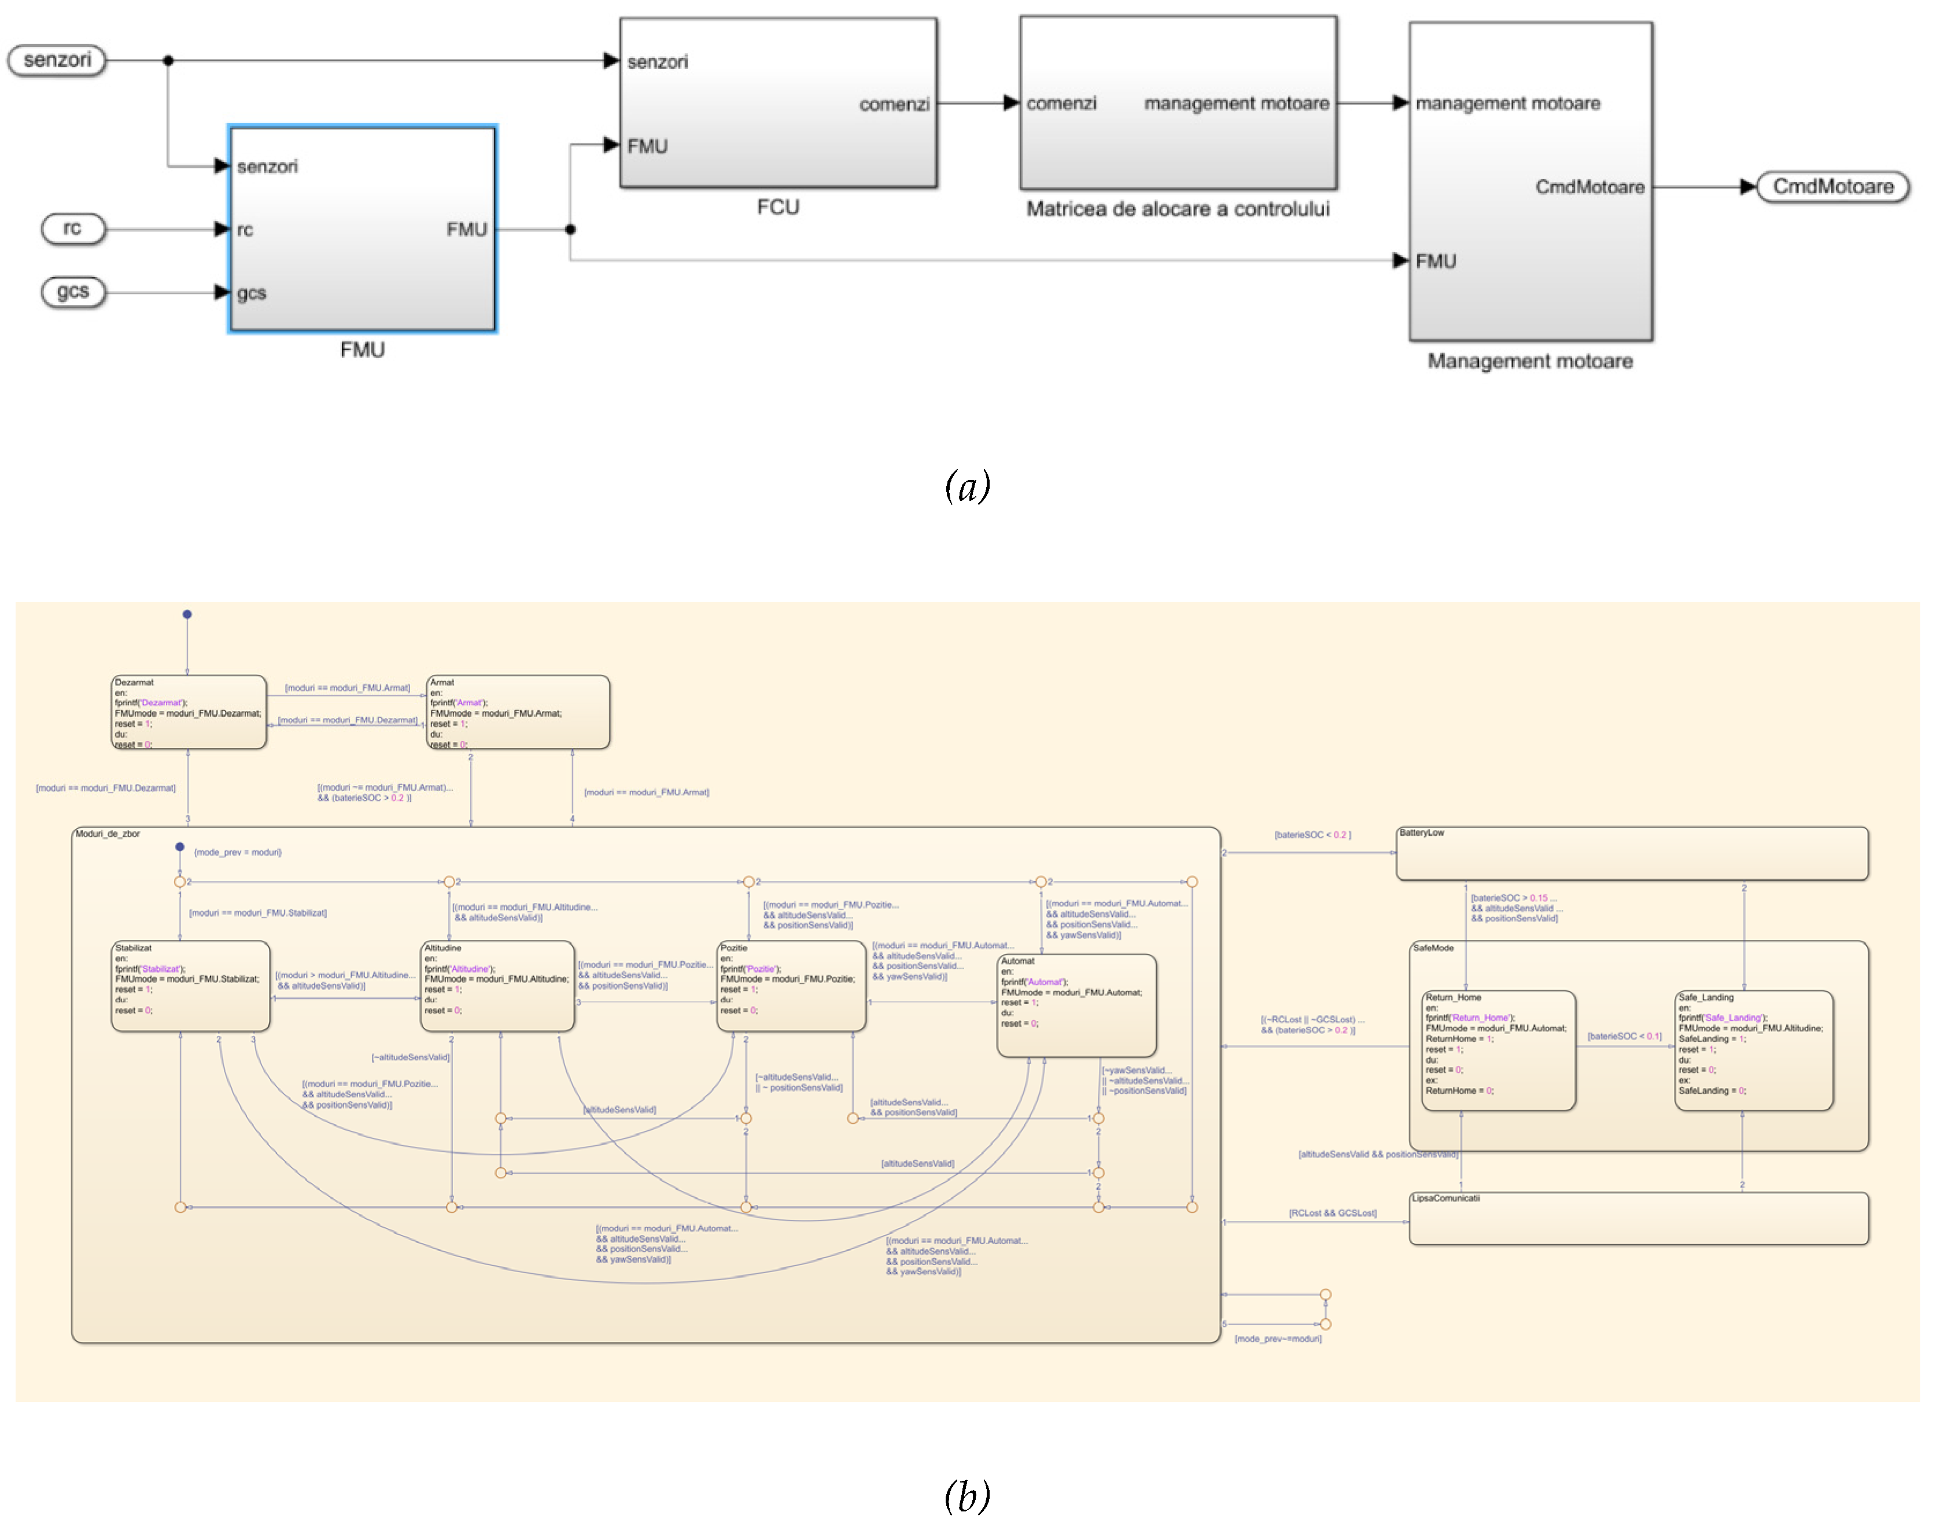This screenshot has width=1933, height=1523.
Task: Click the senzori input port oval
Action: (57, 61)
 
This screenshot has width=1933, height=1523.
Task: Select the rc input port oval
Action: (73, 229)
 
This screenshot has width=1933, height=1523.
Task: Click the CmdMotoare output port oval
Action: (1832, 187)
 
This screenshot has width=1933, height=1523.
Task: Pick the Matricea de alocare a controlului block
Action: (1178, 102)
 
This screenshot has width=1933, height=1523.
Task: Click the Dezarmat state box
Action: (188, 713)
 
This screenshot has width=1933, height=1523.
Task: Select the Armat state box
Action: (518, 713)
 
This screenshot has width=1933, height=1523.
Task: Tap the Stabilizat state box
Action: (190, 986)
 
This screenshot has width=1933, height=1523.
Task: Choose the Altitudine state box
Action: (497, 986)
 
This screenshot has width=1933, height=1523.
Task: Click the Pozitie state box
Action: (791, 986)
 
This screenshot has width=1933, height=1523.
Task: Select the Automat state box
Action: (1076, 1006)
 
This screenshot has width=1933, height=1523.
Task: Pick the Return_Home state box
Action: (1498, 1050)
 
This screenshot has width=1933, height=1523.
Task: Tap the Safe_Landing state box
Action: (1753, 1050)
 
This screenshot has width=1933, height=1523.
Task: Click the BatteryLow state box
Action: (1632, 853)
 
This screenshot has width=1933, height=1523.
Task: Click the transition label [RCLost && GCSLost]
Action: (1332, 1213)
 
